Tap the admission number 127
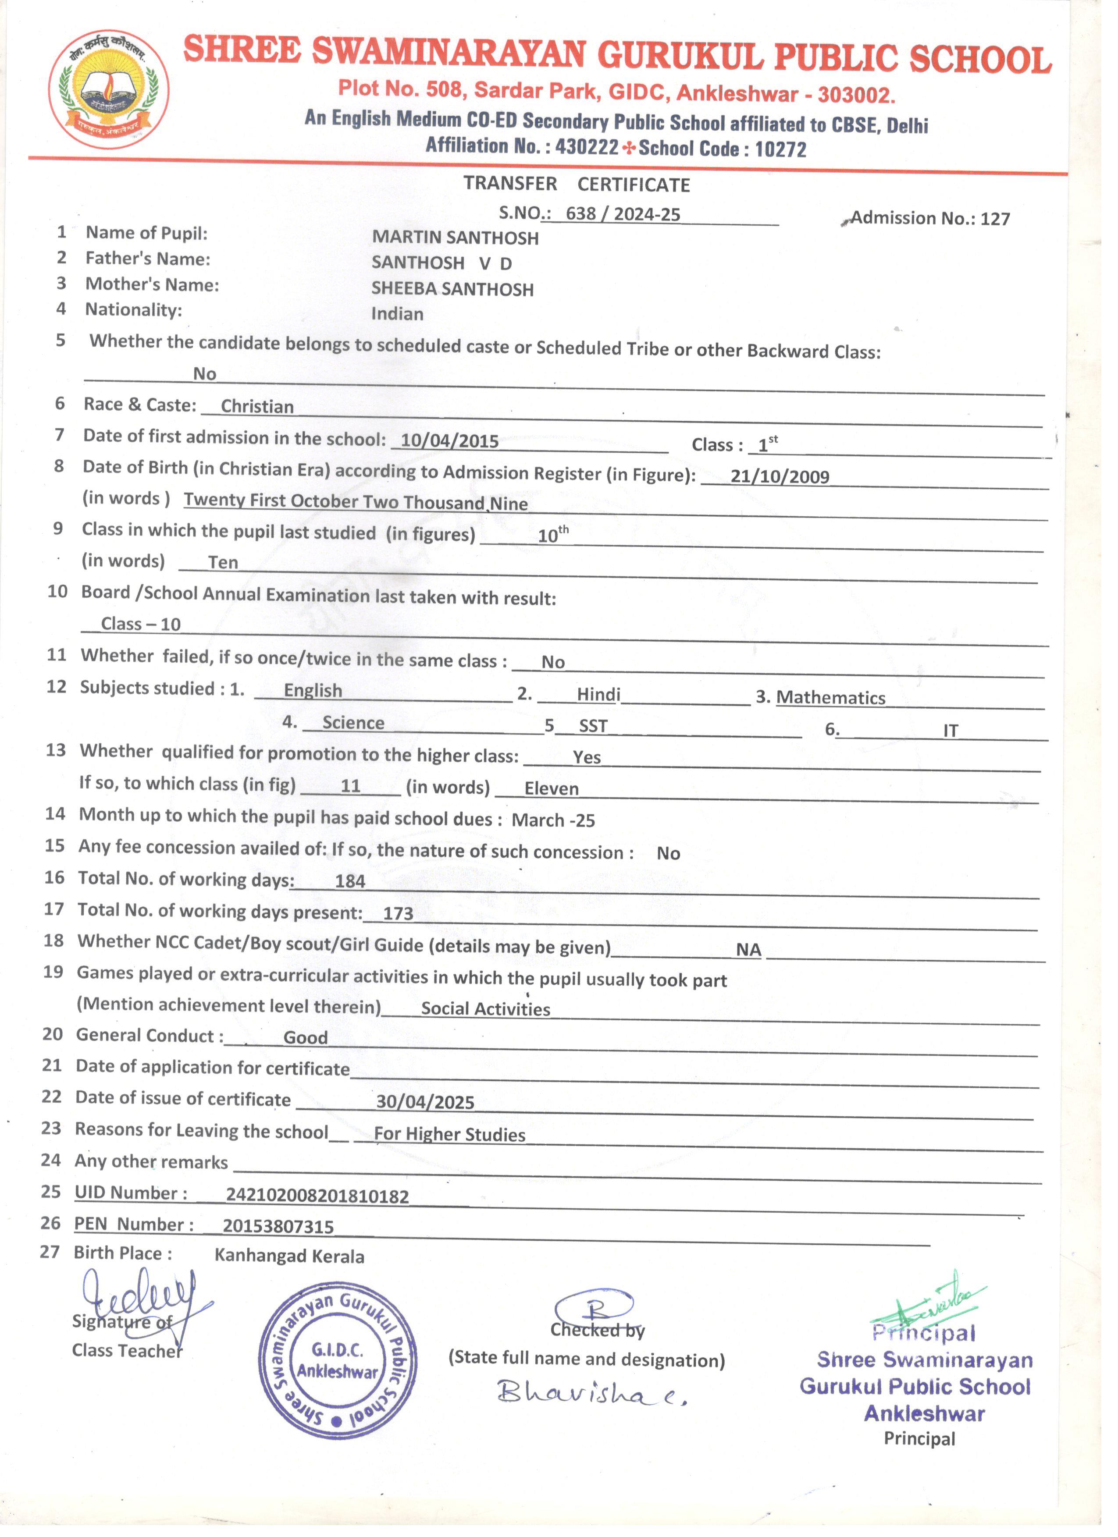995,219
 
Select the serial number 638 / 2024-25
623,214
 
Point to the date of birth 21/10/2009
780,476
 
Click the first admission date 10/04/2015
449,440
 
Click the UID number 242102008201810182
317,1196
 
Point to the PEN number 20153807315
278,1227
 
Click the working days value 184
350,881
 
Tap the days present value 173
398,913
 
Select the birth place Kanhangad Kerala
289,1257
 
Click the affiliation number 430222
587,146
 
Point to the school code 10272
780,149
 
